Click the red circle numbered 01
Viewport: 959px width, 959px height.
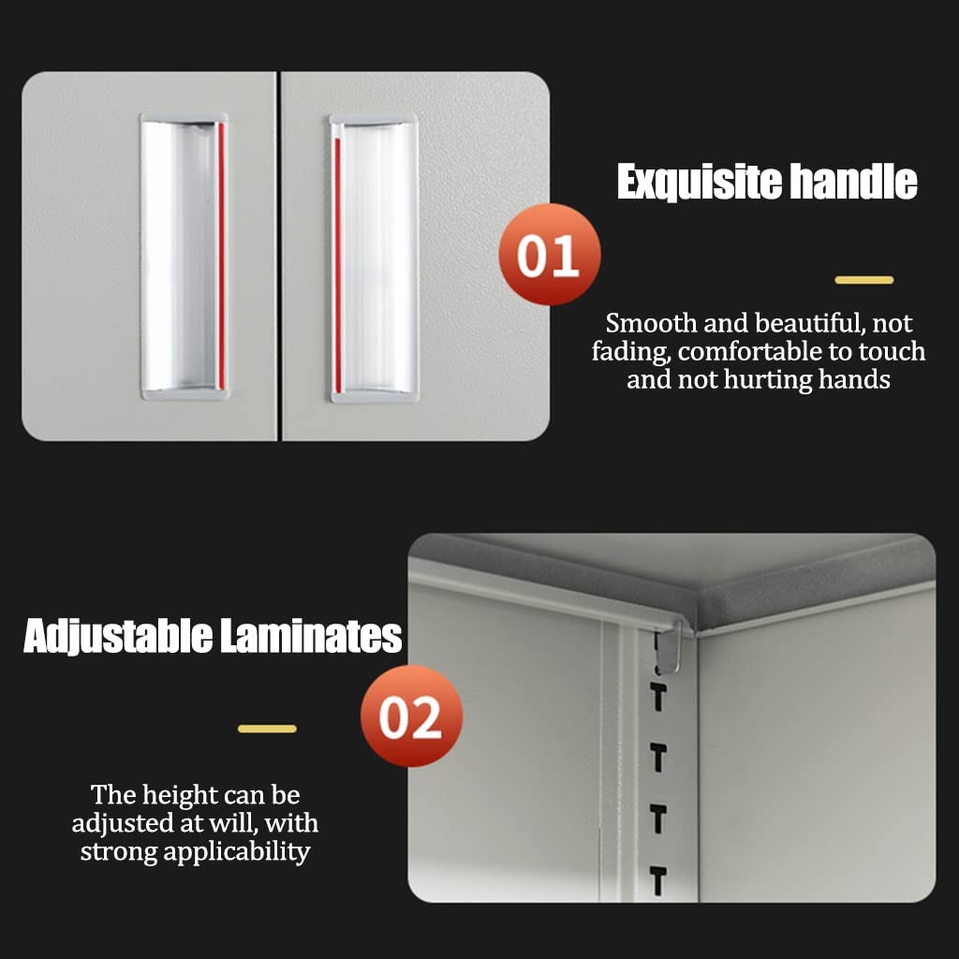pos(549,255)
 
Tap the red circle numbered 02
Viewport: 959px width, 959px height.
pos(411,716)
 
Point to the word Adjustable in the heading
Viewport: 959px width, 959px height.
pos(118,636)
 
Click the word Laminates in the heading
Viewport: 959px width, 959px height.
pos(311,636)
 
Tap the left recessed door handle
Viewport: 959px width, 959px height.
pos(184,257)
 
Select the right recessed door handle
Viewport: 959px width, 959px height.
pos(375,258)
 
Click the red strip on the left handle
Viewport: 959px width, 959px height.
pos(221,256)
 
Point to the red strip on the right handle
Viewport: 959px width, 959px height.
pos(337,265)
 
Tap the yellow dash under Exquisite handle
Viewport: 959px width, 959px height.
pos(864,280)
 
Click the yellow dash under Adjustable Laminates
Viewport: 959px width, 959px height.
pos(267,729)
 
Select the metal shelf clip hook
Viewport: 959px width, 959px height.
pos(669,648)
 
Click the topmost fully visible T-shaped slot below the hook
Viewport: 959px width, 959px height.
pos(658,698)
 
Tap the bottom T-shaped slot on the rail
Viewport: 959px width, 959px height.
pos(658,881)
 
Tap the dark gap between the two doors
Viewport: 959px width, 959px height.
pos(279,256)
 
